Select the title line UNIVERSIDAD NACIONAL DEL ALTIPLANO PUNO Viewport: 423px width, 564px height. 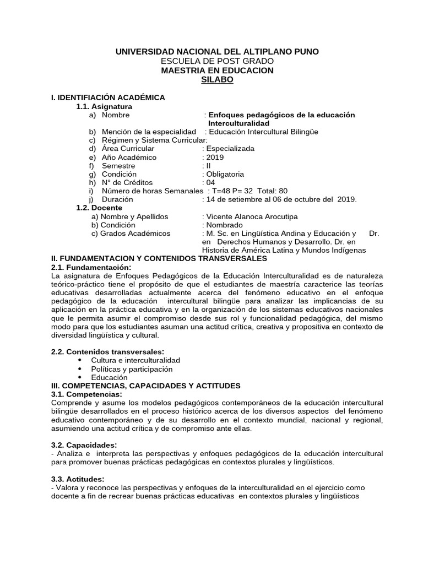(x=216, y=51)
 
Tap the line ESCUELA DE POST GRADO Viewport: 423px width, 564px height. (x=216, y=61)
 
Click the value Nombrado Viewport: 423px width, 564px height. (x=224, y=225)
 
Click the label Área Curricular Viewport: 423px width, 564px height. (x=128, y=149)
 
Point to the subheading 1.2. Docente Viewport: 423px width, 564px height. (x=99, y=208)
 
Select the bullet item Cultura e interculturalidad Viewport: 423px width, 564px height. (x=135, y=360)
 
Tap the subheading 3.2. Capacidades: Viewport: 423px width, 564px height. (x=83, y=445)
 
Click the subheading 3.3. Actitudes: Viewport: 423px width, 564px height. (x=77, y=480)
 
